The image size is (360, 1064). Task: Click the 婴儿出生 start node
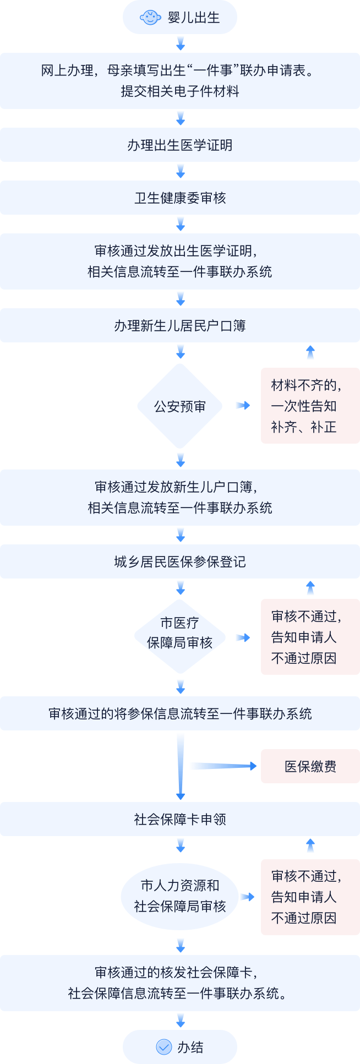180,18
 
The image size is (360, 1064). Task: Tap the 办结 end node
180,1047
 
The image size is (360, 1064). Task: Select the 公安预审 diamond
180,406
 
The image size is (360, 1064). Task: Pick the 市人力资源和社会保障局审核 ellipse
180,896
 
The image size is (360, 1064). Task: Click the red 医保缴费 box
310,766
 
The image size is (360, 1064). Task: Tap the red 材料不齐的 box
310,406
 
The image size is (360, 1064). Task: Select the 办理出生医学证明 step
180,145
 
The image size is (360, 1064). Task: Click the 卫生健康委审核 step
180,198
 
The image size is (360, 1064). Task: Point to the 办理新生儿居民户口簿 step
180,326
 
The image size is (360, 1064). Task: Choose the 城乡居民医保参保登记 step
180,562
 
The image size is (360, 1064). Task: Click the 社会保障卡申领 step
180,820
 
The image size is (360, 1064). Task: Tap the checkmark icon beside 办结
164,1047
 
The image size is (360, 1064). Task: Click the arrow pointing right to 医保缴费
222,766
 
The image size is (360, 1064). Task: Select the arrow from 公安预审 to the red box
242,406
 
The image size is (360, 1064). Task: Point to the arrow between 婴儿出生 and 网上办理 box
180,43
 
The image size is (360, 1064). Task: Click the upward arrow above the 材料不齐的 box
310,353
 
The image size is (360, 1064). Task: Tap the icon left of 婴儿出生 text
150,18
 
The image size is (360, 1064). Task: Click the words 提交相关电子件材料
180,91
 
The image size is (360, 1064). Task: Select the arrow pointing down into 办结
180,1020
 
